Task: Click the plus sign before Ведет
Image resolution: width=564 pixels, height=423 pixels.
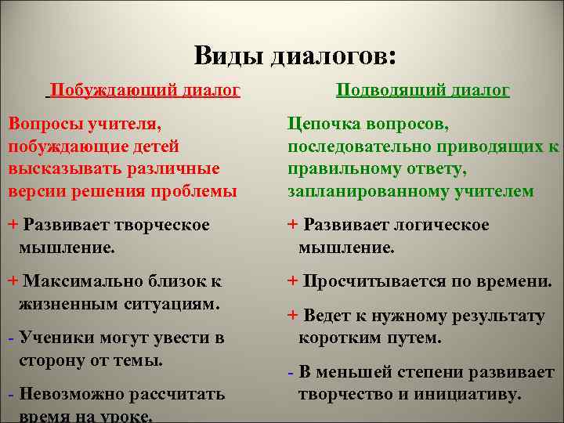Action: tap(293, 316)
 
